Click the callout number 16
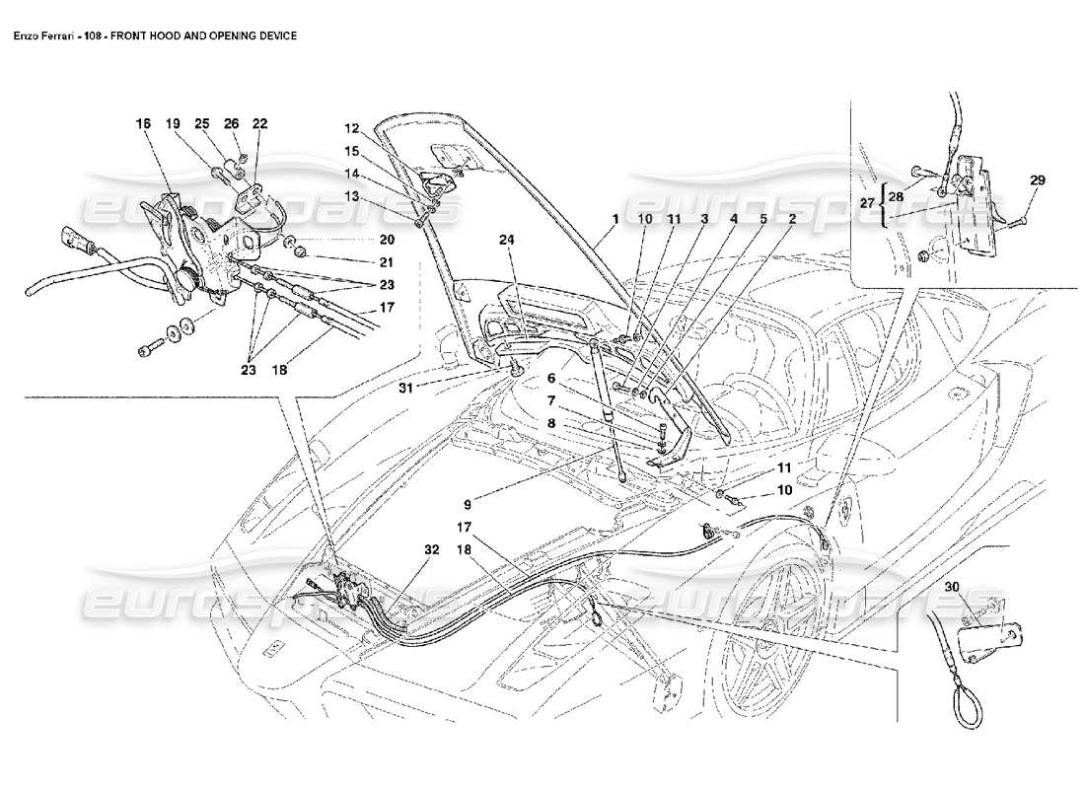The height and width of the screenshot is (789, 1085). pyautogui.click(x=143, y=124)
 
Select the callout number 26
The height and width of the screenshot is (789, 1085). pyautogui.click(x=231, y=124)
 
